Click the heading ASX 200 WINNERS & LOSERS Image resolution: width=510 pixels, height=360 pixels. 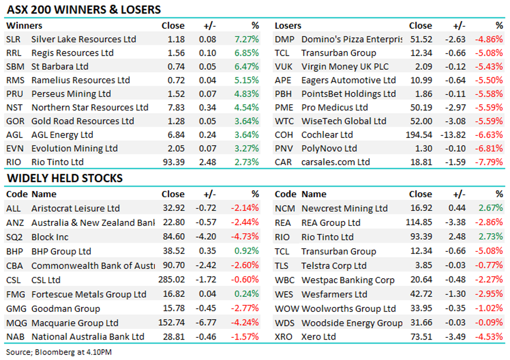tap(84, 9)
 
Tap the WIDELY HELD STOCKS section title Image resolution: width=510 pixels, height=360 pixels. tap(64, 178)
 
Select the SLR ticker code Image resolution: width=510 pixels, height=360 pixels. tap(14, 40)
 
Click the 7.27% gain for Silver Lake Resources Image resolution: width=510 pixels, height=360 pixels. tap(247, 40)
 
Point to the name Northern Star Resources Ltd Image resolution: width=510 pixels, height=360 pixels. tap(90, 108)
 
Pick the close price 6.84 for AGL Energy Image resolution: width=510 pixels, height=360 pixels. tap(176, 135)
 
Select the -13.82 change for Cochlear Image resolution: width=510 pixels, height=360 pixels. tap(454, 135)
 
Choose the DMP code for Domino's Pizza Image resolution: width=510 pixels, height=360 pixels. tap(285, 40)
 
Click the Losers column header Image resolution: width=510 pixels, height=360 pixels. tap(288, 26)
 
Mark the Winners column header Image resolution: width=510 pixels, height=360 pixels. tap(24, 25)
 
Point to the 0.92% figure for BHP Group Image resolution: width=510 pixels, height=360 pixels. tap(247, 251)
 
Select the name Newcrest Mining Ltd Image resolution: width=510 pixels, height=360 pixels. tap(344, 209)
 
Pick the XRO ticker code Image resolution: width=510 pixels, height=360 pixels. tap(285, 337)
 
